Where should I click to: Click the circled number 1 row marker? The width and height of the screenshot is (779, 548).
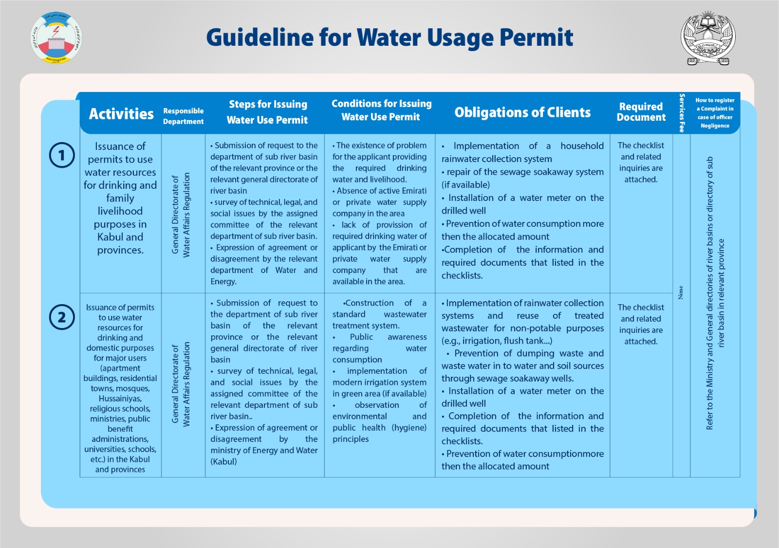click(x=62, y=155)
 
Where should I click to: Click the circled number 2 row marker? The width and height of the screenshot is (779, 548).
click(x=62, y=317)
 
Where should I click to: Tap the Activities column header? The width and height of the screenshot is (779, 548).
click(x=121, y=114)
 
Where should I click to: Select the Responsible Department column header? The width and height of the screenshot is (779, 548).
click(x=183, y=116)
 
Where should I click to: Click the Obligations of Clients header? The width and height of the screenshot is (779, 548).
click(x=522, y=113)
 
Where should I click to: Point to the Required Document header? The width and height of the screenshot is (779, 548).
click(x=641, y=112)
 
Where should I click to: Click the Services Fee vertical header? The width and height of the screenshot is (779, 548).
click(x=682, y=113)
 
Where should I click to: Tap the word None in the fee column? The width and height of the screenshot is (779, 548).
click(x=681, y=292)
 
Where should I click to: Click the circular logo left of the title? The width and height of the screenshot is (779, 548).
click(x=56, y=38)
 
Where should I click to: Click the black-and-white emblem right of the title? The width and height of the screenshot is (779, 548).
click(x=708, y=38)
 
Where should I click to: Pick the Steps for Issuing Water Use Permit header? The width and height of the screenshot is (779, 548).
click(x=267, y=112)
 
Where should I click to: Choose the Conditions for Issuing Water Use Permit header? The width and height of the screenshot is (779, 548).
click(x=381, y=110)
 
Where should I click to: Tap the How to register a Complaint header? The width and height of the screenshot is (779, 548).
click(x=715, y=113)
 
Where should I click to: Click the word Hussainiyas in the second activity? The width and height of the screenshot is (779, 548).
click(x=120, y=399)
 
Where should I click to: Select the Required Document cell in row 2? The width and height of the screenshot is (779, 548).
click(x=641, y=324)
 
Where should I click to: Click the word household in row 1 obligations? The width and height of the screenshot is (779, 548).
click(x=582, y=146)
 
